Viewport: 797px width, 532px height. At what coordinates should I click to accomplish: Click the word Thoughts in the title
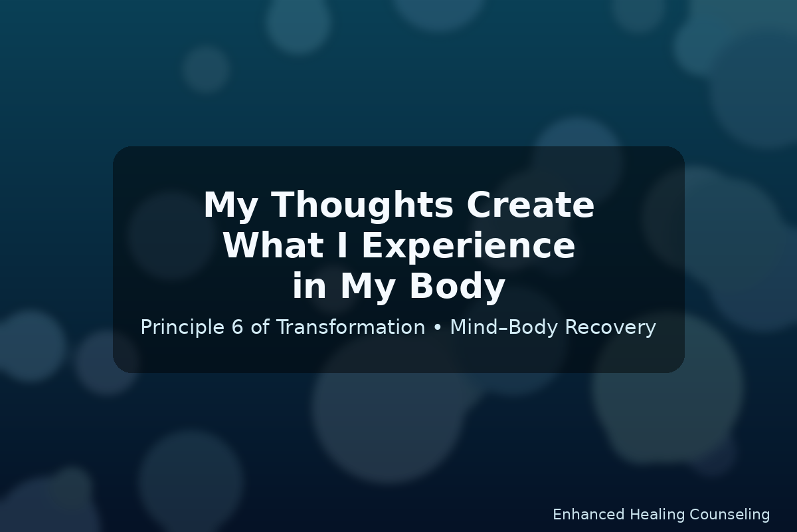[362, 206]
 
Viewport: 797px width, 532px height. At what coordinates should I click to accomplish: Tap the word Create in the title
[530, 205]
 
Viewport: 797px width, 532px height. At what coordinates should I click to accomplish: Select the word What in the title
[273, 245]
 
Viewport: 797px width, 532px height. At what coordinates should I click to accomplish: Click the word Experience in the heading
[468, 247]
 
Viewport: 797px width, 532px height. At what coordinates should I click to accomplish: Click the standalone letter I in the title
[342, 245]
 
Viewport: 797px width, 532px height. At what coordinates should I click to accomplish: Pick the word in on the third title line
[310, 285]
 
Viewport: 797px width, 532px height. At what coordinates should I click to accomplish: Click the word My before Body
[368, 287]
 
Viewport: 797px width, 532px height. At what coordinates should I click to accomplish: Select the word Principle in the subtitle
[182, 328]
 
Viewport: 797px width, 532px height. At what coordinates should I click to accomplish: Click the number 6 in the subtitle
[237, 327]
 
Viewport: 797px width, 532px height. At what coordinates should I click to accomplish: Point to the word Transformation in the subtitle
[351, 327]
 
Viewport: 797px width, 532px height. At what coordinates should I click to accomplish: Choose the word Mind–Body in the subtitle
[503, 328]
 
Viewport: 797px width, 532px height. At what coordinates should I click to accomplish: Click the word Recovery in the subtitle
[610, 328]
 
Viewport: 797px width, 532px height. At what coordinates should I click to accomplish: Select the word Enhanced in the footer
[589, 515]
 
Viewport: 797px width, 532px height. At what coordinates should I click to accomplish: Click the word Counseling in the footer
[729, 515]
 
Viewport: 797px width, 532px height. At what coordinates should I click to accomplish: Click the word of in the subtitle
[260, 327]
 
